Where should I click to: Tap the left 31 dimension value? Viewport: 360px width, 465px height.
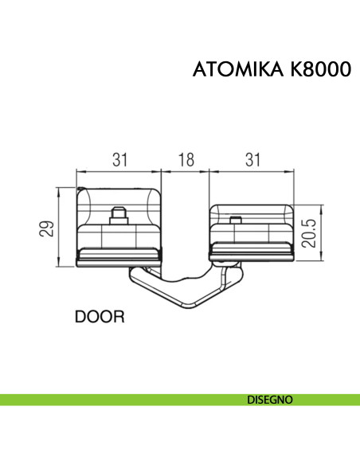pos(119,159)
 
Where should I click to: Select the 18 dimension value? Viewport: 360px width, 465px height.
pos(185,159)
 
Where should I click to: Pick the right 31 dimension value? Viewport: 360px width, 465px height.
pos(252,159)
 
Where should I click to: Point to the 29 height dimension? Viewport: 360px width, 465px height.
pos(48,229)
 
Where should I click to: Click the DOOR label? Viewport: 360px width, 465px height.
pos(100,317)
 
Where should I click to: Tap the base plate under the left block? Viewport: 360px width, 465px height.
pos(119,257)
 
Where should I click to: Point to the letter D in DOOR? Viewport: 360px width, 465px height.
pos(80,317)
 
